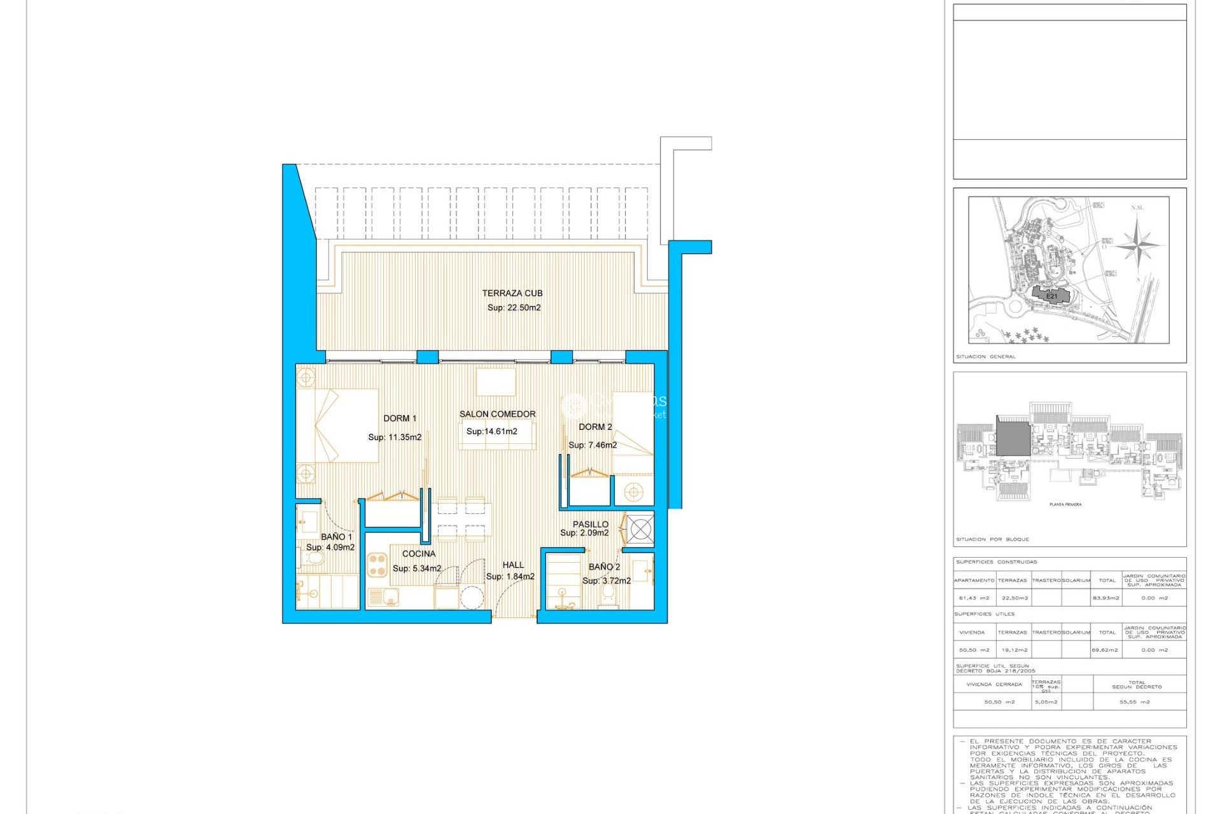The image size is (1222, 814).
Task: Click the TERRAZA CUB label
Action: click(x=512, y=293)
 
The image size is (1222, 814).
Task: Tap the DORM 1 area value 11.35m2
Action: click(x=395, y=437)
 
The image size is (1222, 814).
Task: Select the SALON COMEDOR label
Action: click(x=497, y=414)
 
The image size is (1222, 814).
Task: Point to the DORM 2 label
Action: click(x=595, y=427)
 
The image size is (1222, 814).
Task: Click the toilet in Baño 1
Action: click(x=314, y=558)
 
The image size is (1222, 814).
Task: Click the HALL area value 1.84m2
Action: click(x=510, y=577)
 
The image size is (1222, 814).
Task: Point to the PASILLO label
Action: click(x=590, y=524)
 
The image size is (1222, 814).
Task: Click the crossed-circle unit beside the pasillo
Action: click(x=640, y=528)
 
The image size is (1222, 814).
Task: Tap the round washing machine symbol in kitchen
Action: click(x=472, y=598)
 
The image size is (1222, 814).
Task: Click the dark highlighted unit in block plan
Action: click(x=1013, y=438)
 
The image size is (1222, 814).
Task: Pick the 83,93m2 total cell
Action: click(x=1106, y=598)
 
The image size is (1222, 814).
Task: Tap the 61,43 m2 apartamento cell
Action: click(x=974, y=598)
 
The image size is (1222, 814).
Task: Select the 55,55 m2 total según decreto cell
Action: click(x=1134, y=702)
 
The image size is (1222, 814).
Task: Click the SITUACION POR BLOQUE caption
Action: click(x=992, y=539)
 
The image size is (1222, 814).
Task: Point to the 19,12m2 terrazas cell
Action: click(x=1014, y=650)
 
